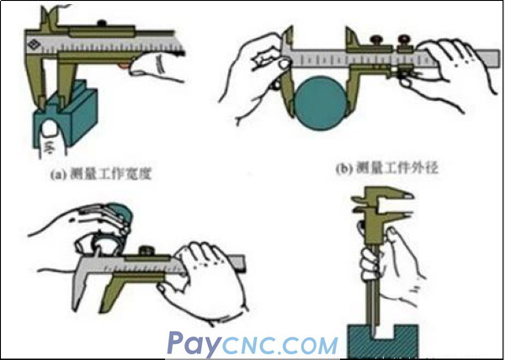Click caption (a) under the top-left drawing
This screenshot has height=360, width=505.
click(x=101, y=174)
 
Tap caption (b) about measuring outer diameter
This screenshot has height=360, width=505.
click(x=387, y=168)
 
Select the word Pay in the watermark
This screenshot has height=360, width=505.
click(x=194, y=343)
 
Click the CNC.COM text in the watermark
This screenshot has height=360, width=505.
click(x=279, y=345)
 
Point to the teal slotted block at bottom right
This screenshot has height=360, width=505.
click(x=383, y=341)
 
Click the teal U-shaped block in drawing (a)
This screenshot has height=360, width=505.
click(x=65, y=116)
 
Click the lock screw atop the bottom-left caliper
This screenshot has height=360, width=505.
click(x=146, y=251)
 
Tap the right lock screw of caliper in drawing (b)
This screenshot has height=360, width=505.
click(x=405, y=40)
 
